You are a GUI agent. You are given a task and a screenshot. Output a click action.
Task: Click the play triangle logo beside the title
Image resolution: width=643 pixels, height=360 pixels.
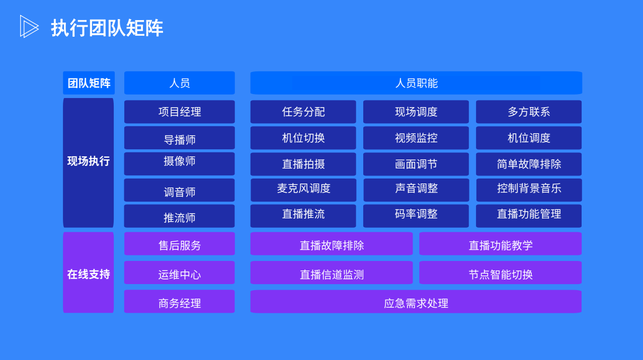[29, 26]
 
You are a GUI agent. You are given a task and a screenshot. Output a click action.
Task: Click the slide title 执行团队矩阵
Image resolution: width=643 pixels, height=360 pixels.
[107, 28]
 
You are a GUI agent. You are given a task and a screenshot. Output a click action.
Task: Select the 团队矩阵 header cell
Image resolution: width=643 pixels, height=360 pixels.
[89, 83]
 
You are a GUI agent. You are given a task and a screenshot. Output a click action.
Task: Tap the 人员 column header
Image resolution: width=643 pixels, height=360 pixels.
[180, 83]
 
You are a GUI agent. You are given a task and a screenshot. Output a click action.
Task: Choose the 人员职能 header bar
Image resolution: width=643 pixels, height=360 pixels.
[416, 83]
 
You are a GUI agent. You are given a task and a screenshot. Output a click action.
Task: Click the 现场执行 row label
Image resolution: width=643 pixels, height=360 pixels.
[89, 162]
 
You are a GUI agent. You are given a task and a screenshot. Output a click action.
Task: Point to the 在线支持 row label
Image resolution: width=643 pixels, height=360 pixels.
[89, 273]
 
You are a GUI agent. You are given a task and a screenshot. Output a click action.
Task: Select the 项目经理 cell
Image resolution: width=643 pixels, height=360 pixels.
[180, 112]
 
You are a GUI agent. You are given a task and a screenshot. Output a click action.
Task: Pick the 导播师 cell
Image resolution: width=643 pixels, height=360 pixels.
[180, 138]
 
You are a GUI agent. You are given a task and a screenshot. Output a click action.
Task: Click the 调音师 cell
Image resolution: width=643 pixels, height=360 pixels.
[180, 190]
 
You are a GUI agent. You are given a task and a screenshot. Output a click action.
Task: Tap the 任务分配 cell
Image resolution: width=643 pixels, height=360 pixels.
[303, 112]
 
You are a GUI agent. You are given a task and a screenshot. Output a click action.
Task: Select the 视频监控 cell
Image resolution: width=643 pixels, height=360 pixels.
[416, 138]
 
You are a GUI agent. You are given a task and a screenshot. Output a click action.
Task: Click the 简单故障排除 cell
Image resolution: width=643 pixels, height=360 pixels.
[529, 164]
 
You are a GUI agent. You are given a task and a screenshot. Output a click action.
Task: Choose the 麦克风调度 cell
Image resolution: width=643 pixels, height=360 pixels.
[303, 190]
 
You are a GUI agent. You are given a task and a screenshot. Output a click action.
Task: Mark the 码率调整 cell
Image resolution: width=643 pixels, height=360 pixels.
[416, 216]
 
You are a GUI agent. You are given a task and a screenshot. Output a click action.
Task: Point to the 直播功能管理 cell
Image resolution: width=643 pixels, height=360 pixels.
[529, 216]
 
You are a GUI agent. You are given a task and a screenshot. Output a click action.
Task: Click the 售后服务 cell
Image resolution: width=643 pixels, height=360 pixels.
[180, 243]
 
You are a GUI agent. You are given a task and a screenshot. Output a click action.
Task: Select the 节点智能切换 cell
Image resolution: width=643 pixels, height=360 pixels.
[500, 273]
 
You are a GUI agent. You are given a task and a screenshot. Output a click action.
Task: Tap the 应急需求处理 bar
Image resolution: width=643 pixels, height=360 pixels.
[416, 302]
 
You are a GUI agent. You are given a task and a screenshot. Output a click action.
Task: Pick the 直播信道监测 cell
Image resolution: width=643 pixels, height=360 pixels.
[332, 273]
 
